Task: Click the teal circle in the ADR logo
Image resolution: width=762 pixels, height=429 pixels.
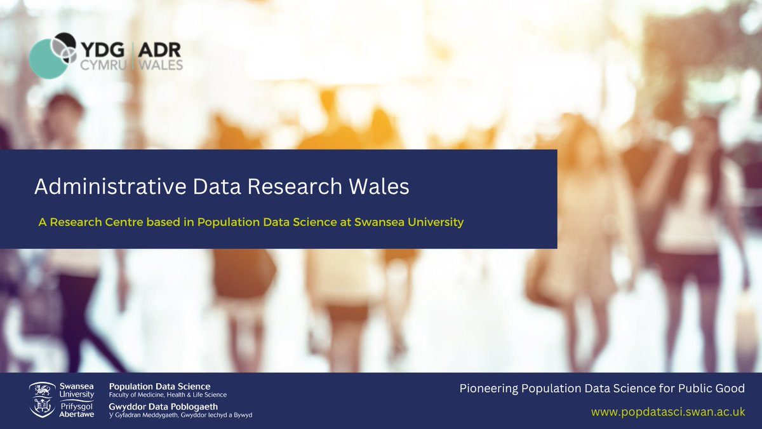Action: [x=48, y=58]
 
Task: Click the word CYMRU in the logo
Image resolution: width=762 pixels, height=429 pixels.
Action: [x=102, y=65]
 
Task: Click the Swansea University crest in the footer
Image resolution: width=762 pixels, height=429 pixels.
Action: [x=42, y=400]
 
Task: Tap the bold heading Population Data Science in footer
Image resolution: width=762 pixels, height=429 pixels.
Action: [x=159, y=386]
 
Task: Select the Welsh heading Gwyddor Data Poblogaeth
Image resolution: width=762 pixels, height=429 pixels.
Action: [x=163, y=406]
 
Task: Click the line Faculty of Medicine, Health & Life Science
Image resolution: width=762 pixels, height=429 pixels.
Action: [x=168, y=395]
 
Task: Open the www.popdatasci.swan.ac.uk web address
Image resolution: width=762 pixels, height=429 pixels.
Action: [x=667, y=412]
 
